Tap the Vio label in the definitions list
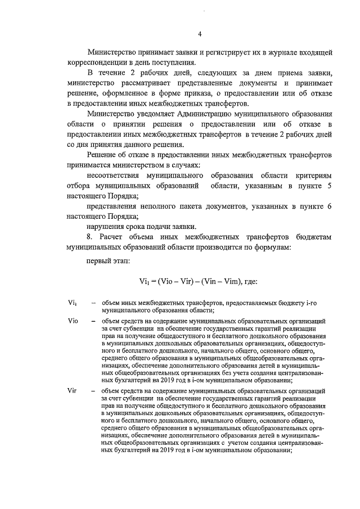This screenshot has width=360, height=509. pyautogui.click(x=72, y=321)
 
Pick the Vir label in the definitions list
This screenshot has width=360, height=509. pyautogui.click(x=71, y=389)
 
